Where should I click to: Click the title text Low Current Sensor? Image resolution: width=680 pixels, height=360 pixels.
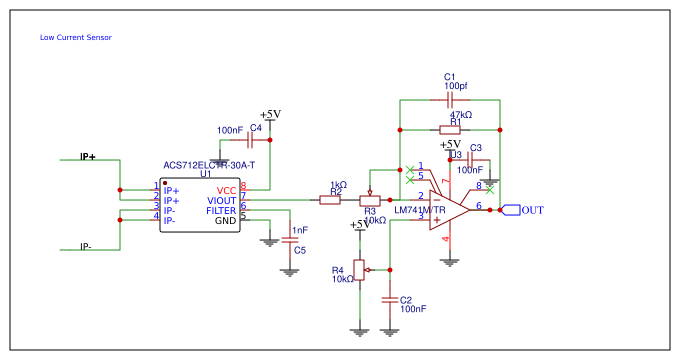pos(75,38)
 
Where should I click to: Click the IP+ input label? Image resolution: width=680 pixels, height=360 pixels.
pos(87,158)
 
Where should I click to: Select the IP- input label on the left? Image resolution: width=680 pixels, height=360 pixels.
pos(87,247)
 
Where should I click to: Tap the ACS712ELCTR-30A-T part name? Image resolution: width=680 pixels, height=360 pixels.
pos(209,165)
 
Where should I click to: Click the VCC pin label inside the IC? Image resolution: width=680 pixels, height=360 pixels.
pos(227,190)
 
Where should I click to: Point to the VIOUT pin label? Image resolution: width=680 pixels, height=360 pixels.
pos(222,200)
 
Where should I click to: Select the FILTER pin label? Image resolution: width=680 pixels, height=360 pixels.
pos(221,211)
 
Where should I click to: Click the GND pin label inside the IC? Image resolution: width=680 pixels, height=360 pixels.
pos(226,221)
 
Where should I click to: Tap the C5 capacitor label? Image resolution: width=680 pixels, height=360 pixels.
pos(299,250)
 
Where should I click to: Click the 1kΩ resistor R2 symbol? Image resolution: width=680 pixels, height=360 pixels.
pos(331,200)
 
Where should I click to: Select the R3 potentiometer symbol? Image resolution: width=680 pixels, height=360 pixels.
pos(370,200)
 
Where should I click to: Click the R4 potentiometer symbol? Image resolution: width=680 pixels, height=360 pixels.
pos(360,269)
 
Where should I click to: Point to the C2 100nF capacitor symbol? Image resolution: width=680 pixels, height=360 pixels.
pos(390,297)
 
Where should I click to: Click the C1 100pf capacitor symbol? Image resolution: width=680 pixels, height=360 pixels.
pos(450,101)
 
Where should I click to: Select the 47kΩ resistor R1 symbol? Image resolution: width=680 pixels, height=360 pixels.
pos(450,130)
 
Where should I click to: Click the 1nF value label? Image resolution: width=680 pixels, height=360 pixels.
pos(299,230)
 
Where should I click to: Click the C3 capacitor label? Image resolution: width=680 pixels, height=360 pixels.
pos(476,148)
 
